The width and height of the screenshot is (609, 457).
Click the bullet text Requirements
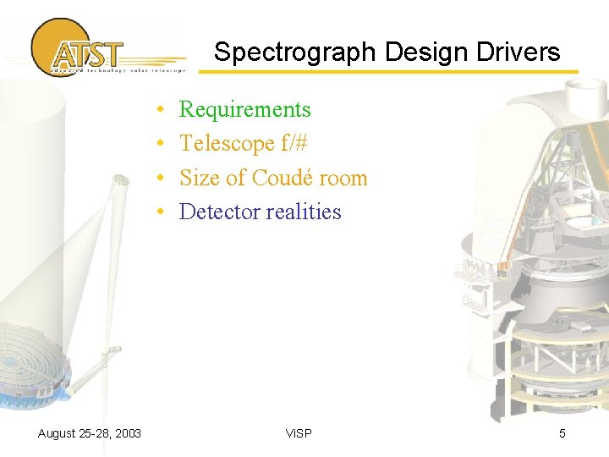[x=245, y=110]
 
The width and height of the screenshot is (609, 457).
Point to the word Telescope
[x=227, y=144]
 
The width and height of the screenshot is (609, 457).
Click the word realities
[x=303, y=212]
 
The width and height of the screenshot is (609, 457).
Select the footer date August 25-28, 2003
[x=90, y=434]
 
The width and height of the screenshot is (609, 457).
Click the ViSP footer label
[x=299, y=434]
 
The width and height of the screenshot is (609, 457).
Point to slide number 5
[x=562, y=434]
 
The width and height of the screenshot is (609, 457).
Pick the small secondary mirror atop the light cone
[x=121, y=179]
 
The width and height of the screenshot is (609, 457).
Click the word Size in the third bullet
[x=200, y=178]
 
